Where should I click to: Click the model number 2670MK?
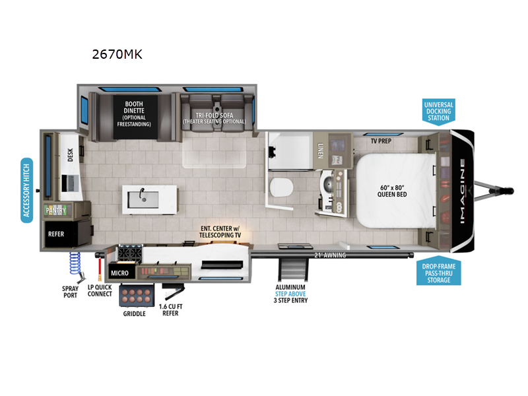click(x=117, y=54)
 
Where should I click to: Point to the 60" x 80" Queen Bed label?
click(x=391, y=190)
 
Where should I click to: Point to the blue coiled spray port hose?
click(x=74, y=267)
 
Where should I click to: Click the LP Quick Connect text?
click(x=100, y=290)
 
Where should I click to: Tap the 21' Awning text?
click(x=328, y=254)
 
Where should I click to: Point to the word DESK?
click(x=71, y=155)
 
